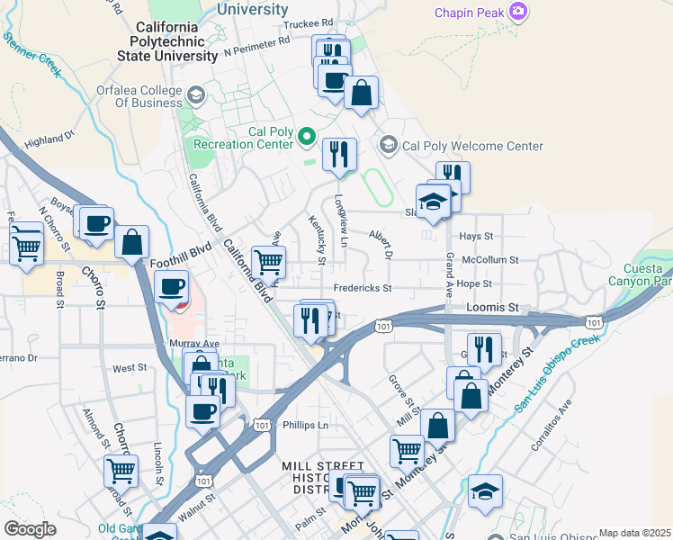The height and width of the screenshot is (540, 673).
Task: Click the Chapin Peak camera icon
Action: (x=518, y=12)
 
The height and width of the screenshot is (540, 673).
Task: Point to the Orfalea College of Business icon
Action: (x=195, y=94)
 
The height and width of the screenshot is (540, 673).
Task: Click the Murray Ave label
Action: (x=194, y=344)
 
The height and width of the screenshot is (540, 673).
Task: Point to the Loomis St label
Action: (x=493, y=307)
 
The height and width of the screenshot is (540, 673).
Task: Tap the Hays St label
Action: (x=477, y=236)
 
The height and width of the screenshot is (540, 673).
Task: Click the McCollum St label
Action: (x=489, y=259)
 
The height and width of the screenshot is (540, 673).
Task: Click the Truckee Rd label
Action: (x=308, y=23)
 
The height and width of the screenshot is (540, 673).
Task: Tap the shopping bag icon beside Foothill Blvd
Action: (x=131, y=241)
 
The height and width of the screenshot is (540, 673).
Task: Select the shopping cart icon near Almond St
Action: (x=121, y=469)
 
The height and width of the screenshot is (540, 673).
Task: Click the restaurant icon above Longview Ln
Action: (x=339, y=154)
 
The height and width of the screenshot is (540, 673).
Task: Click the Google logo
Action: (x=30, y=528)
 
